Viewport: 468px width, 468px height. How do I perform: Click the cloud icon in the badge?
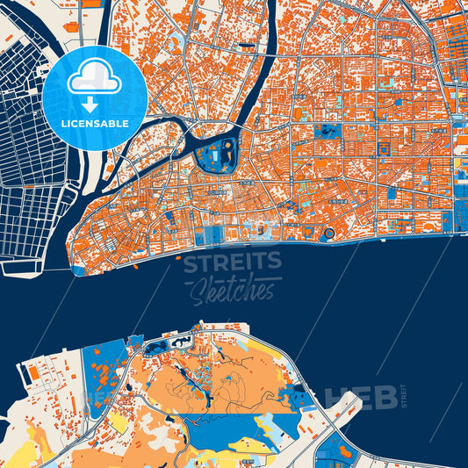(x=95, y=80)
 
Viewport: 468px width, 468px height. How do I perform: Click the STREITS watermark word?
(x=233, y=261)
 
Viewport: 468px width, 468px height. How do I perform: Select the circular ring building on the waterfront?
(x=329, y=234)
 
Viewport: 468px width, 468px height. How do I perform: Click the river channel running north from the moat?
(x=263, y=79)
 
